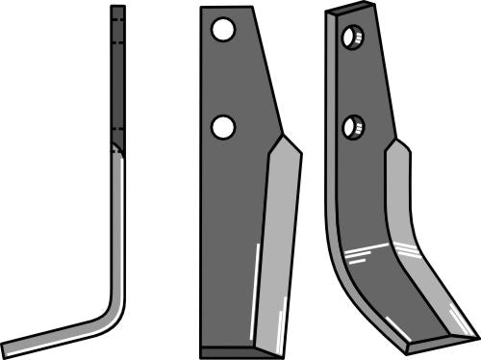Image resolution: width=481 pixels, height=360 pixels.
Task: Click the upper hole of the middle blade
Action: (x=223, y=32)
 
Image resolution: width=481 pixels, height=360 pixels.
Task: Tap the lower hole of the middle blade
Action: (x=223, y=126)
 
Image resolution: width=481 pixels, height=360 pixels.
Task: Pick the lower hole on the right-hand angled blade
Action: (x=353, y=126)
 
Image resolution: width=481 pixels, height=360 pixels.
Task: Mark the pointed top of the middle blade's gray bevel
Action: (x=281, y=137)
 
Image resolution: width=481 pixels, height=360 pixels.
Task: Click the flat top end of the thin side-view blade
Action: (x=117, y=7)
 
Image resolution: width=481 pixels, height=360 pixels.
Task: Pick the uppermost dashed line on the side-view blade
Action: (x=117, y=19)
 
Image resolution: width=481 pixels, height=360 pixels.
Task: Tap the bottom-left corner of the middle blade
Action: (x=201, y=350)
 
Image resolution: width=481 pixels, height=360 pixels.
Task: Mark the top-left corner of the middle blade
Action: (x=201, y=9)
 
